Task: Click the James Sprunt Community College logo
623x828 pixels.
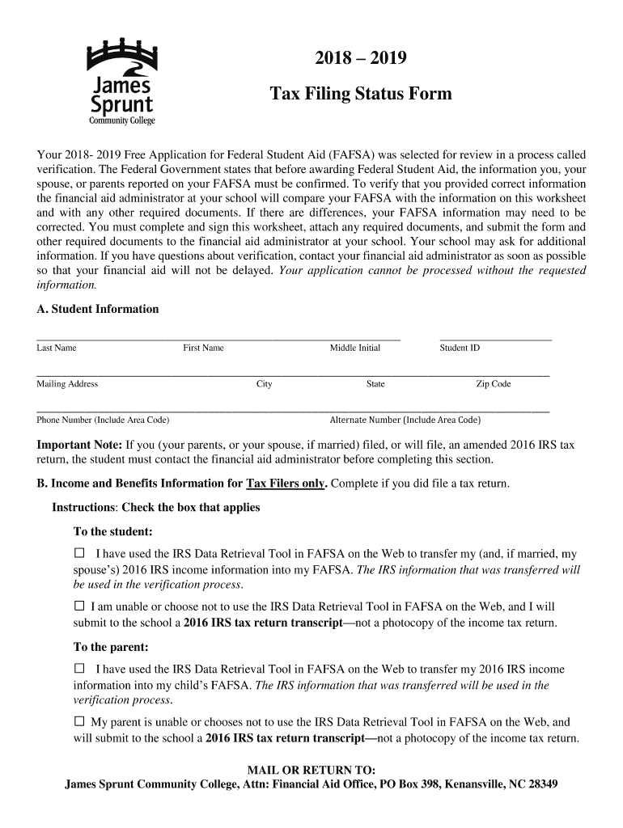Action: [121, 81]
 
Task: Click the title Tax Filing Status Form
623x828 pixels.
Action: [360, 95]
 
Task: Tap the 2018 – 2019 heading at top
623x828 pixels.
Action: [360, 59]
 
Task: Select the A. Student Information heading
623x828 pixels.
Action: [98, 309]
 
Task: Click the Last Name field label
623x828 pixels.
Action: [57, 348]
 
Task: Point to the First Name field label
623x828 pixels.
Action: [203, 348]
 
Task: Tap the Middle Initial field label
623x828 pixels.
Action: [354, 348]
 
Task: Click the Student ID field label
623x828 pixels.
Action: [460, 348]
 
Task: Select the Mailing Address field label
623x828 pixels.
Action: [67, 384]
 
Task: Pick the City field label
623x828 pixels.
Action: [264, 384]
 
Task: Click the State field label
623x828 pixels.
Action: [375, 384]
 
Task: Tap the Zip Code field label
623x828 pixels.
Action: [493, 384]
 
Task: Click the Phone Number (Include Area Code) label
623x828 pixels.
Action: [103, 420]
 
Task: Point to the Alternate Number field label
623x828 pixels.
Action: [405, 420]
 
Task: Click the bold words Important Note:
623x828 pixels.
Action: [80, 445]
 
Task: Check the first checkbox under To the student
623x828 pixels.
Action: [79, 554]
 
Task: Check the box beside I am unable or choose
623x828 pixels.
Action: [79, 606]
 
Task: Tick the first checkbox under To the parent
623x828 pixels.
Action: [79, 669]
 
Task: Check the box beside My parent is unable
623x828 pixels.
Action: [79, 720]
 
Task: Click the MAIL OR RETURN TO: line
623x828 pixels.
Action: [311, 770]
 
